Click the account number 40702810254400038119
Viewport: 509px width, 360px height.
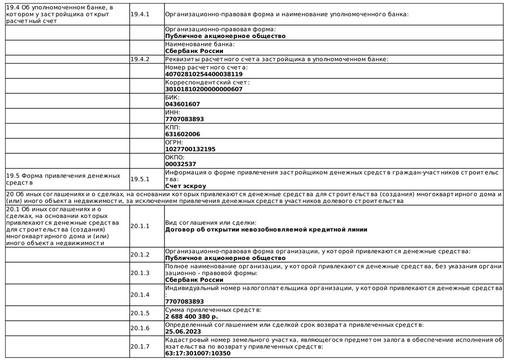click(x=204, y=74)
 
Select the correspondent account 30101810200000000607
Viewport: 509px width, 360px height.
click(x=204, y=89)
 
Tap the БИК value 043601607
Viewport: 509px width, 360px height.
click(x=183, y=104)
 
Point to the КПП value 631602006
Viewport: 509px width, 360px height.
click(x=183, y=134)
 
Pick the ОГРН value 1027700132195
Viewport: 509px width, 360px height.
click(x=190, y=149)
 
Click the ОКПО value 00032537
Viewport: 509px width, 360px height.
click(x=181, y=164)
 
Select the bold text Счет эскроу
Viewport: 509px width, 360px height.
click(x=185, y=186)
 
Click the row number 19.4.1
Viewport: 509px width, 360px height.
click(x=140, y=15)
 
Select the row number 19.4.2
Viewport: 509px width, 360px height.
click(x=140, y=60)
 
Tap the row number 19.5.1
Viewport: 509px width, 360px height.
click(x=140, y=179)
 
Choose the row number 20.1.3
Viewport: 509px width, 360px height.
click(x=140, y=273)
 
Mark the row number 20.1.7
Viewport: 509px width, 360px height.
click(x=140, y=347)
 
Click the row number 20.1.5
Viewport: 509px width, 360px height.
click(x=140, y=313)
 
